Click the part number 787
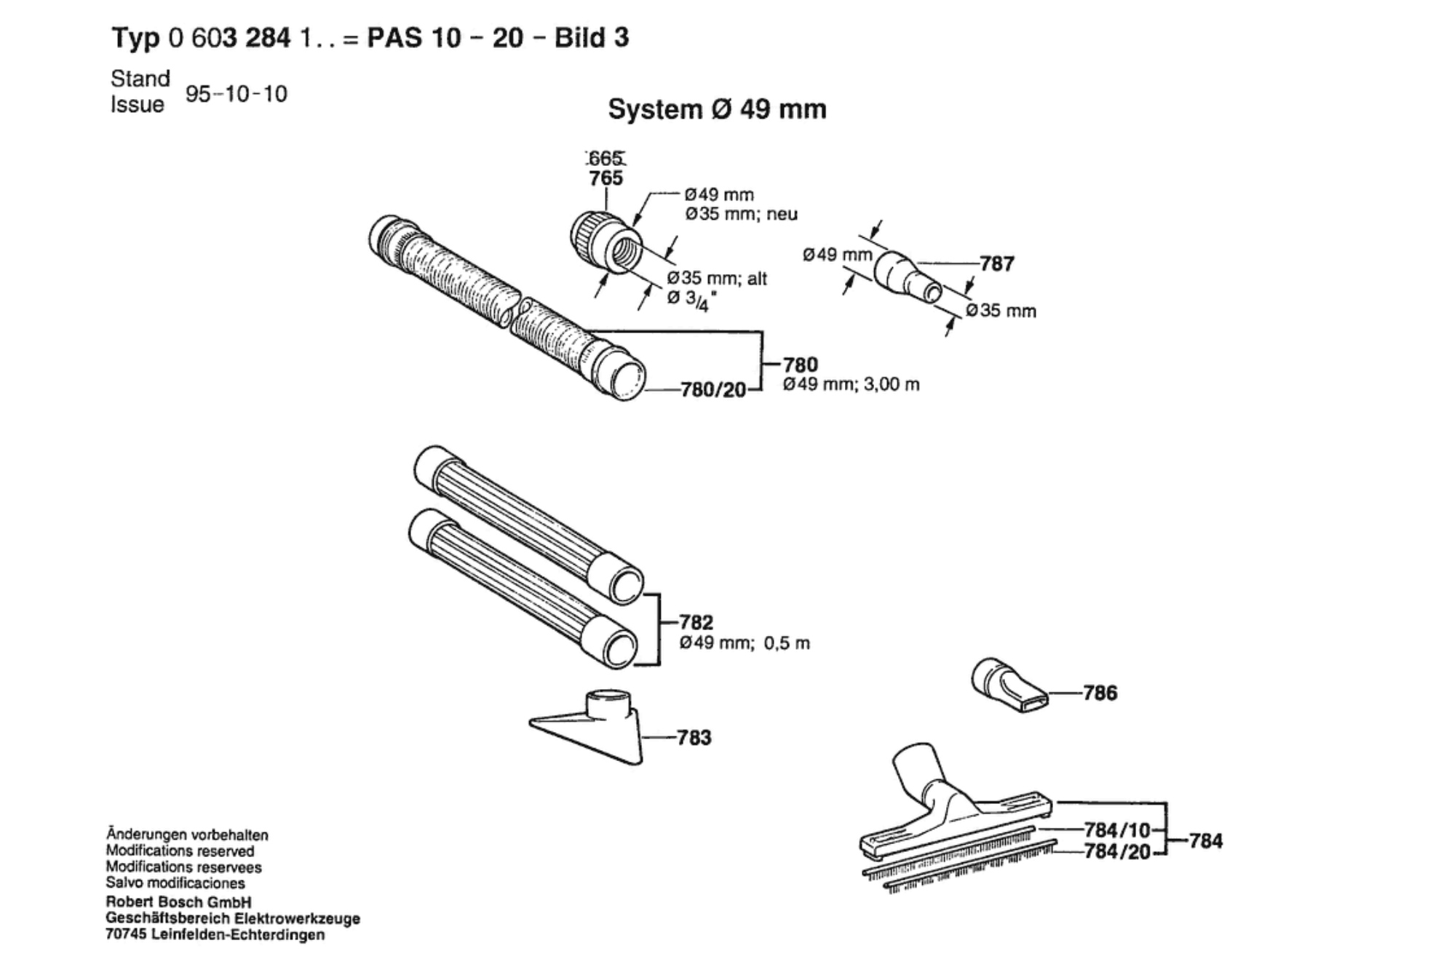coord(997,263)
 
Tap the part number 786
coord(1100,693)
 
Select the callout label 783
coord(694,738)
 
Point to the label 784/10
coord(1117,830)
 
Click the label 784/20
coord(1117,851)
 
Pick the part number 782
coord(696,623)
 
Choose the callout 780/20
coord(713,391)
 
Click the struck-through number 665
coord(606,158)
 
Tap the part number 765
coord(606,178)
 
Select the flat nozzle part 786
coord(1010,685)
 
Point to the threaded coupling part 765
coord(606,242)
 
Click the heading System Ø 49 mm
coord(717,110)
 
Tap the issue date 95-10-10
coord(237,94)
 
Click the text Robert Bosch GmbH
coord(178,902)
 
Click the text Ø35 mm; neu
coord(742,214)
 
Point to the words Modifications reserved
coord(180,851)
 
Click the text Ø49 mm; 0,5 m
coord(745,643)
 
